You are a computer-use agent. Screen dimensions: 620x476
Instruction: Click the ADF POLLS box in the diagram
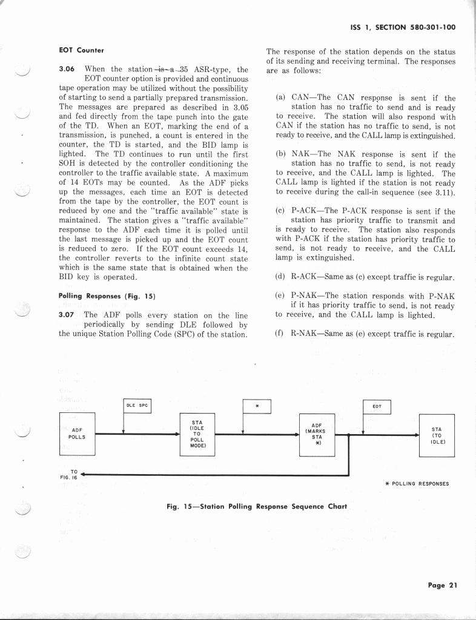pos(78,434)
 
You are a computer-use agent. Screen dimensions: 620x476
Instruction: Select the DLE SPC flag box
pos(136,406)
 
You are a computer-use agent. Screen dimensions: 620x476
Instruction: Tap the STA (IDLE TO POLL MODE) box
pos(197,434)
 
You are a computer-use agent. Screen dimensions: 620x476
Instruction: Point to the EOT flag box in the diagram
pos(377,406)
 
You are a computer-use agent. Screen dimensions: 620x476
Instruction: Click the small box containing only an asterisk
pos(257,406)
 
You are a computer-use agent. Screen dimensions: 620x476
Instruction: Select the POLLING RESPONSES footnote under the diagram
pos(417,484)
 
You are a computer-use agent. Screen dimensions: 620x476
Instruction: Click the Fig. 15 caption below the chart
pos(256,506)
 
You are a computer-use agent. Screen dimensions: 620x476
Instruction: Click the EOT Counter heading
pos(81,50)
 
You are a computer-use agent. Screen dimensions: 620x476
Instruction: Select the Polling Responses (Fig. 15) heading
pos(107,296)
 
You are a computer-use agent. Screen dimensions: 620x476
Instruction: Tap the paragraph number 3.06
pos(67,69)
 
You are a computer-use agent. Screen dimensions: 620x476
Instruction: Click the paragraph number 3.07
pos(67,315)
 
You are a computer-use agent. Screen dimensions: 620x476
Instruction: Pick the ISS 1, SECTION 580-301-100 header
pos(403,27)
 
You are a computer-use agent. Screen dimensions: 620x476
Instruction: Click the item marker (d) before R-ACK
pos(280,277)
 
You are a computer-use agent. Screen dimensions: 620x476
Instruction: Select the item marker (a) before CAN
pos(280,97)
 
